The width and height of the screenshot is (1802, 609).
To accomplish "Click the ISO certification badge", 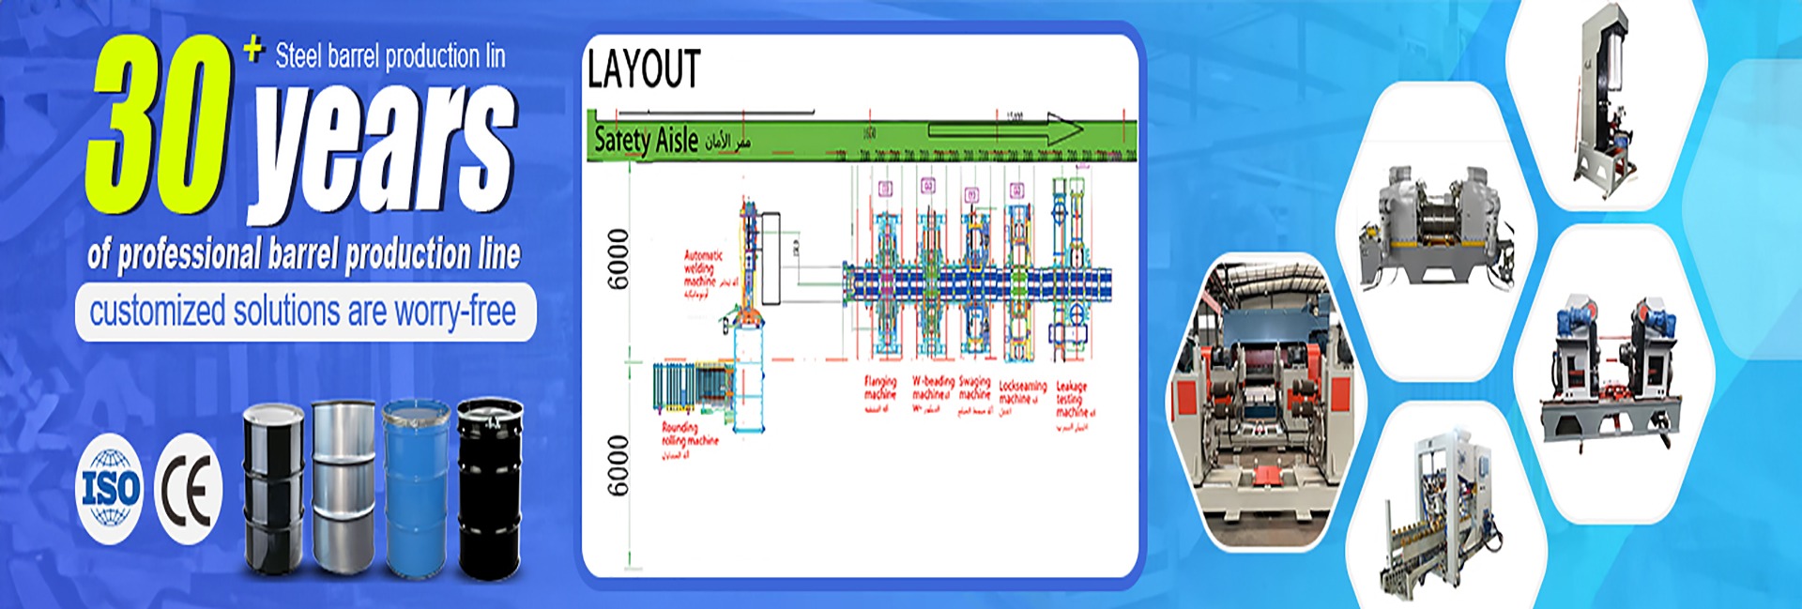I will point(110,489).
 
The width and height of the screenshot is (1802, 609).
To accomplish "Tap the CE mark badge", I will point(188,489).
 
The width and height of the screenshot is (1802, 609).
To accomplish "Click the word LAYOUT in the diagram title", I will point(644,69).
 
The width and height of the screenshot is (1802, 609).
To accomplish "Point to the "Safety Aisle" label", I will point(647,141).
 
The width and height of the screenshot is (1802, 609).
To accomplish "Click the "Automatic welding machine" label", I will point(703,271).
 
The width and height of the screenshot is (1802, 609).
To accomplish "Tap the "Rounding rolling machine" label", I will point(689,434).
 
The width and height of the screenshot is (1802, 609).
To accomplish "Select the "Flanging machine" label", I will point(880,388).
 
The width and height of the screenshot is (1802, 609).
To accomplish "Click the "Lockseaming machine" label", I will point(1021,391).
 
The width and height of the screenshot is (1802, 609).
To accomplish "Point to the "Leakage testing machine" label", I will point(1072,399).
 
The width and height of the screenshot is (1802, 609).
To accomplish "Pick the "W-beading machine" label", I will point(933,388).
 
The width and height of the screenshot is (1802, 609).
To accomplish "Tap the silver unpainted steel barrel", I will point(343,485).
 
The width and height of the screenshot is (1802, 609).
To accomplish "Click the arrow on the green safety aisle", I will point(1004,129).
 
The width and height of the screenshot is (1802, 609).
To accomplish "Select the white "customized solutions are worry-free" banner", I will point(304,312).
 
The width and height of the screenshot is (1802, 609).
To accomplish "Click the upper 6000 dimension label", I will point(618,259).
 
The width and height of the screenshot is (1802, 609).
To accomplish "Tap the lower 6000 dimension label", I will point(618,465).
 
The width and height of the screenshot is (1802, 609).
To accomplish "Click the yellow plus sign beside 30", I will point(252,49).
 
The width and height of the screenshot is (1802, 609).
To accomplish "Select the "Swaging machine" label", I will point(974,388).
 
